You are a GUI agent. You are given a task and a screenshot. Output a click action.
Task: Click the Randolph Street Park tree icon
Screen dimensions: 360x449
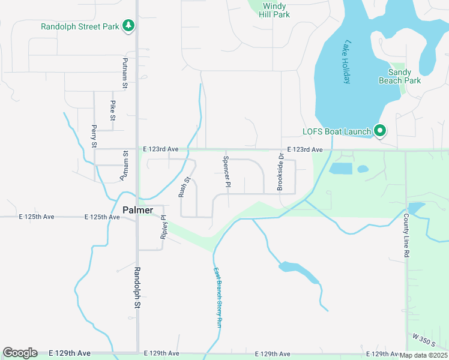click(x=127, y=26)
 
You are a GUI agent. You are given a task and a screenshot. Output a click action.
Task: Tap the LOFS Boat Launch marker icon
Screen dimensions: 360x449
click(x=379, y=130)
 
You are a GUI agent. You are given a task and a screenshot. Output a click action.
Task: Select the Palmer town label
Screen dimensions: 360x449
click(x=137, y=210)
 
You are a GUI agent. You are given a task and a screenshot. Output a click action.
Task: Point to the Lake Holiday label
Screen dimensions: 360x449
click(x=346, y=62)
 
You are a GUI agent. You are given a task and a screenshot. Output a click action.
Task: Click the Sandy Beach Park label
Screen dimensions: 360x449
click(x=400, y=76)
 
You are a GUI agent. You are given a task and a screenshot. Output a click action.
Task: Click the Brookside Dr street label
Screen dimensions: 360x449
click(x=280, y=172)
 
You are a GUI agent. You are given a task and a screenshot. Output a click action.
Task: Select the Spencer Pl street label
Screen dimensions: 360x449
click(x=227, y=172)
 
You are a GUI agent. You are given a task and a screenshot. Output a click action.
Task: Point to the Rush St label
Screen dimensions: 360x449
click(x=184, y=187)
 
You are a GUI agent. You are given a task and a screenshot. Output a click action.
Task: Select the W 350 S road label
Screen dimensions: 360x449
click(x=426, y=340)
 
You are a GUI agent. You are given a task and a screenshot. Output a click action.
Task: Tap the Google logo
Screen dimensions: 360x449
click(x=20, y=353)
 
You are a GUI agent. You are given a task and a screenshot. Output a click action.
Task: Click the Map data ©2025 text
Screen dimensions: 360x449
click(x=423, y=355)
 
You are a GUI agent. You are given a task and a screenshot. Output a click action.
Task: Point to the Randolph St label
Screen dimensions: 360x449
click(x=137, y=288)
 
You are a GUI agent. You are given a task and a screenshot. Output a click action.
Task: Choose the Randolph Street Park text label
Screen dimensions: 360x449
click(x=80, y=26)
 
